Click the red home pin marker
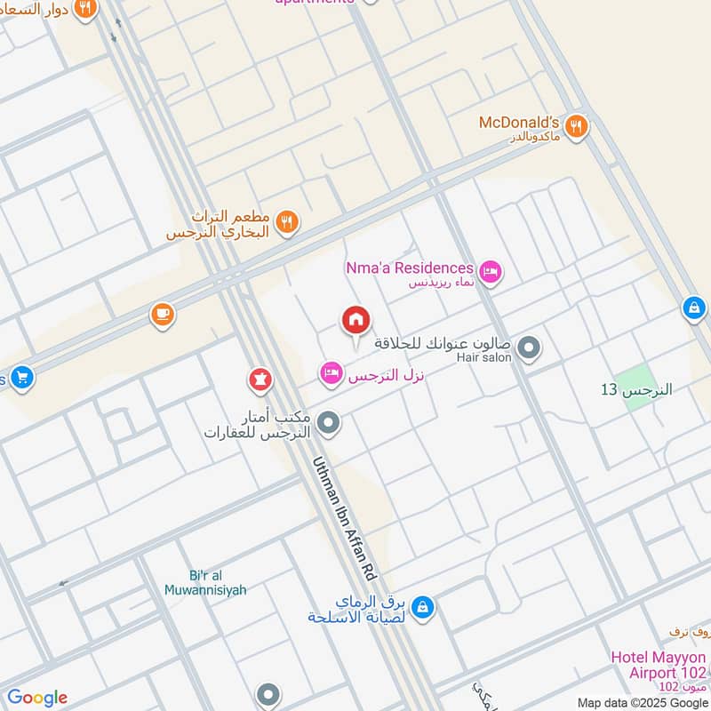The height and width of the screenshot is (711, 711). (x=355, y=321)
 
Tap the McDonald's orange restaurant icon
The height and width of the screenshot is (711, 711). (x=577, y=127)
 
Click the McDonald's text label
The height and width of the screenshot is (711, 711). (x=518, y=123)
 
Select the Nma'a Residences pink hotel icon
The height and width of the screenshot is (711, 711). (x=489, y=270)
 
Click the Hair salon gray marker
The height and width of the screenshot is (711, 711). (x=529, y=348)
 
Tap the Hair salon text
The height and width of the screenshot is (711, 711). (x=483, y=357)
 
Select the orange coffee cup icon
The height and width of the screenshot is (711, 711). (x=162, y=314)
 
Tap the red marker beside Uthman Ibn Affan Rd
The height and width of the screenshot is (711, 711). (x=260, y=380)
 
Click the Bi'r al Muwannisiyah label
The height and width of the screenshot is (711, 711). (x=205, y=582)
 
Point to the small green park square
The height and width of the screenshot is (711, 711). (x=637, y=397)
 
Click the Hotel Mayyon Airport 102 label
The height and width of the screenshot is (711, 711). (x=658, y=665)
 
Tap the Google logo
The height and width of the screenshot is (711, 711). (x=37, y=698)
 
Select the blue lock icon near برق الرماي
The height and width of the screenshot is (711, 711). (x=423, y=606)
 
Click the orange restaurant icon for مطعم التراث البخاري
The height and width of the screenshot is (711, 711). (x=286, y=222)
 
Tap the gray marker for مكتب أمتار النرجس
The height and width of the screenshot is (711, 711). (x=329, y=423)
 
